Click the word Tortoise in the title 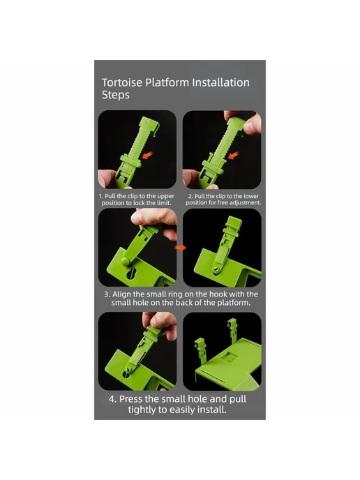coord(122,82)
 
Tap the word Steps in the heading coord(115,95)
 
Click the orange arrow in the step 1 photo coord(147,155)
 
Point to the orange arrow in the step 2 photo coord(233,155)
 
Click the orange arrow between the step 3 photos coord(181,248)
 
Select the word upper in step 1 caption coord(165,196)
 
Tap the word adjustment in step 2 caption coord(245,202)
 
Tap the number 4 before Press coord(112,399)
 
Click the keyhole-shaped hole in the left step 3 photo coord(132,273)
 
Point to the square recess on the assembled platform coord(230,356)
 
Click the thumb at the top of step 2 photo coord(253,123)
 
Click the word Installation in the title coord(220,82)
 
